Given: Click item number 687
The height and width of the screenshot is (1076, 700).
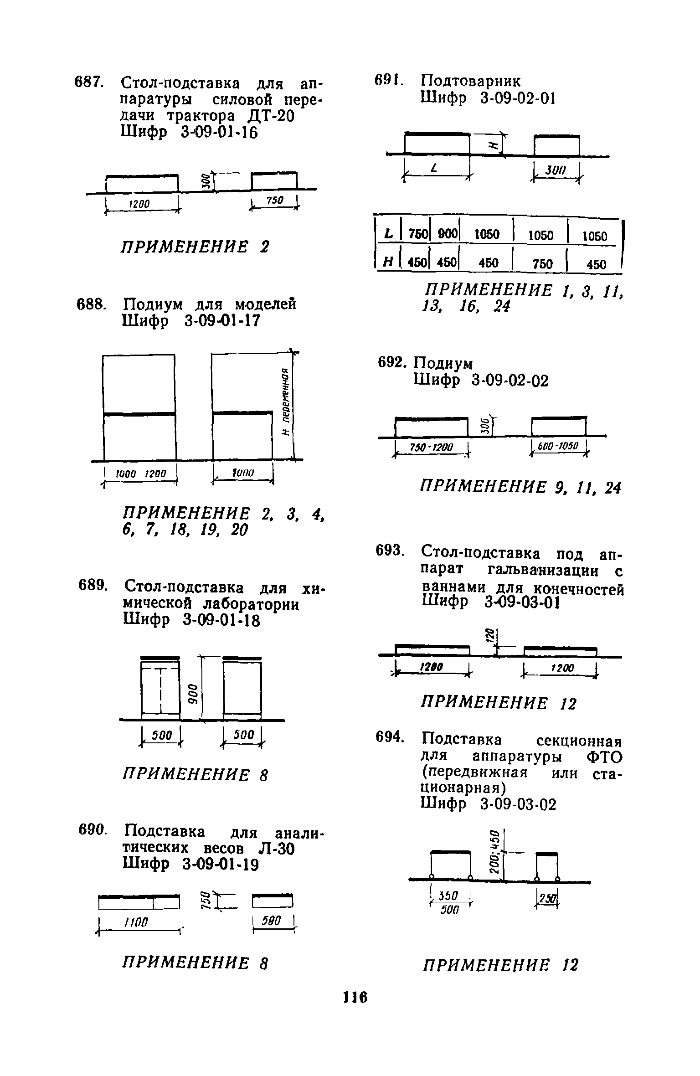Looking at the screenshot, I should pyautogui.click(x=89, y=82).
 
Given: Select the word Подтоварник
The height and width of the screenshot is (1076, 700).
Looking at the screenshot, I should pyautogui.click(x=470, y=81).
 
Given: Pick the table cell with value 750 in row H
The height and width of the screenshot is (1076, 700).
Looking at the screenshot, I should pyautogui.click(x=542, y=263).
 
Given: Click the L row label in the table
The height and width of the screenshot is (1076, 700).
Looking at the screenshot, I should pyautogui.click(x=388, y=234).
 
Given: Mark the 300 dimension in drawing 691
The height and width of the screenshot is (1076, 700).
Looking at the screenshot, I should pyautogui.click(x=556, y=171).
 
